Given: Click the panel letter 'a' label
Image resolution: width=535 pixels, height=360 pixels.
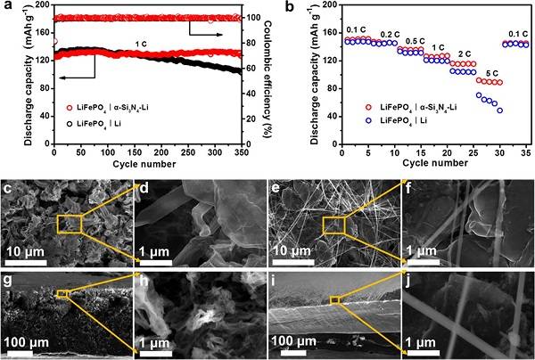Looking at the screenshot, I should click(x=8, y=8).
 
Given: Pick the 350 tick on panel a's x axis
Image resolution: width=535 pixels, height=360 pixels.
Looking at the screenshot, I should click(x=240, y=151).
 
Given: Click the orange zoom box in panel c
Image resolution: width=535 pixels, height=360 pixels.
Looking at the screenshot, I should click(x=70, y=225).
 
